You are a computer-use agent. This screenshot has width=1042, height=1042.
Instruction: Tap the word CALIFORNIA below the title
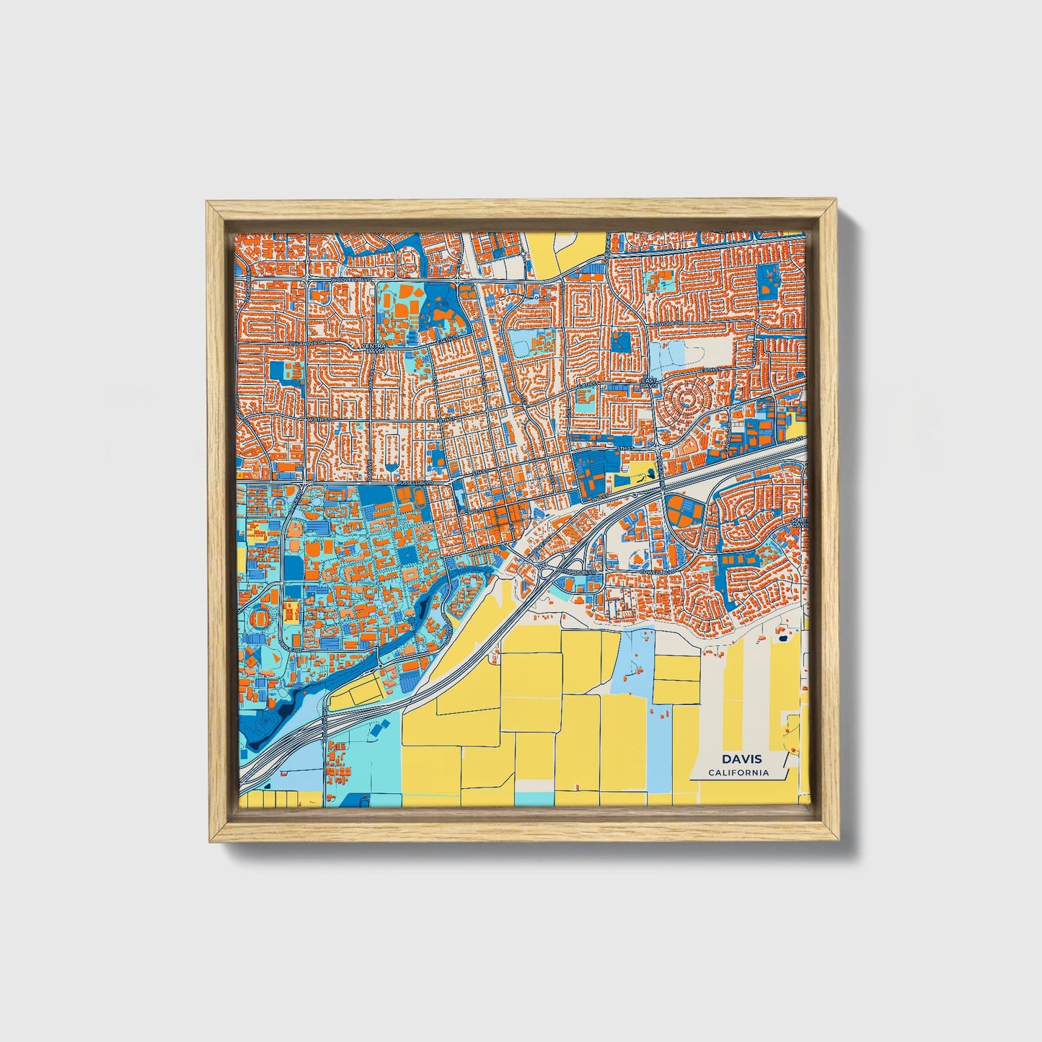pyautogui.click(x=738, y=773)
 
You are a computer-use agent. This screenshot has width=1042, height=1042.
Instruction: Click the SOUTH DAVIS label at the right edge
pyautogui.click(x=799, y=522)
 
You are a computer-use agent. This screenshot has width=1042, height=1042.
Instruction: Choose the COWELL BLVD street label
pyautogui.click(x=655, y=571)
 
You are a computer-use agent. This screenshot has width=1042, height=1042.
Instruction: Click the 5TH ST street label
pyautogui.click(x=624, y=449)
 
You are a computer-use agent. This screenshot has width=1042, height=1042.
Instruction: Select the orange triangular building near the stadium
pyautogui.click(x=250, y=655)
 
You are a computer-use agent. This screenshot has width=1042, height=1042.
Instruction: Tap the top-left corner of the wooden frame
pyautogui.click(x=208, y=203)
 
